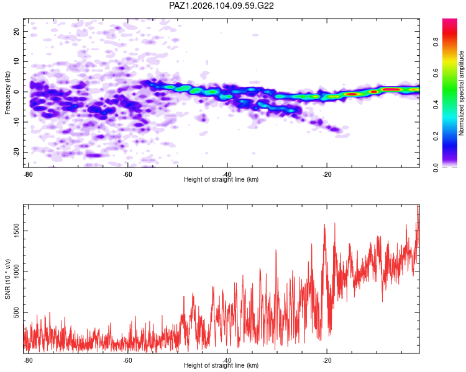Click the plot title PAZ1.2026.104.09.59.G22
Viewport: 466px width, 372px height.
(x=221, y=6)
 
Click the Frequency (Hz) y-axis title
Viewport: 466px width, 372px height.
(x=7, y=93)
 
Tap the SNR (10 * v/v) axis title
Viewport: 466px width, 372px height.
(x=7, y=279)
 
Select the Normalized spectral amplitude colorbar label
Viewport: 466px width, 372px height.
(x=461, y=93)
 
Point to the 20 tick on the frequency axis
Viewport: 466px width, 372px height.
(x=16, y=31)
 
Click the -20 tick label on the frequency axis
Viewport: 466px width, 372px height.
(x=16, y=152)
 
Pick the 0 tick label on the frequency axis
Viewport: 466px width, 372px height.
(x=16, y=92)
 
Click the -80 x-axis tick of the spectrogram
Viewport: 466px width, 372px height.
(x=28, y=174)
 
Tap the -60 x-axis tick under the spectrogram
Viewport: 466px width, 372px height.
(x=127, y=174)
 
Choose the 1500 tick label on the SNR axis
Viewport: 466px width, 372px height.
(x=16, y=231)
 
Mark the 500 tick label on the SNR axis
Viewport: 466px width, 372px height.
(x=16, y=312)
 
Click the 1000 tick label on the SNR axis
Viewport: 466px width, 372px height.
(x=16, y=272)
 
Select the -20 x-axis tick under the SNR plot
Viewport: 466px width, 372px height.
(x=327, y=360)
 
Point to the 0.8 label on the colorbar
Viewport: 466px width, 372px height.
(x=436, y=42)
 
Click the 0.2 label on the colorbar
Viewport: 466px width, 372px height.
(x=436, y=136)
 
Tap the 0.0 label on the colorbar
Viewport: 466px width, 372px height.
(x=436, y=167)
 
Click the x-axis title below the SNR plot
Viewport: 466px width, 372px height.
(x=221, y=365)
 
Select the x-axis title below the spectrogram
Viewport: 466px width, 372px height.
(x=221, y=179)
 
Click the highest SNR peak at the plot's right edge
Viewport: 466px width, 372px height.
(x=418, y=205)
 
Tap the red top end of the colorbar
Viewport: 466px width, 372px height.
(x=450, y=20)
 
